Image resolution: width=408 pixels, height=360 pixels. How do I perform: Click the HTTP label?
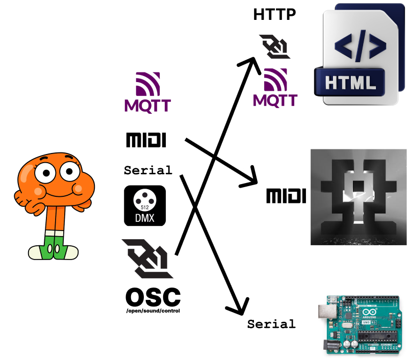pos(274,14)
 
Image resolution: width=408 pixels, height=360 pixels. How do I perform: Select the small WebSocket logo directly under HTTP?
pos(274,47)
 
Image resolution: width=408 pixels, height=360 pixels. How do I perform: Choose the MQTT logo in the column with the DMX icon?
pos(147,92)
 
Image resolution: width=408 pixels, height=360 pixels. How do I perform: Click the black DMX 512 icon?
pos(145,205)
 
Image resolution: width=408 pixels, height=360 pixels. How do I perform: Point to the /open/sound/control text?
pos(152,310)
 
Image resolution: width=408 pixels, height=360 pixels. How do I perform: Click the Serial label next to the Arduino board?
pos(271,324)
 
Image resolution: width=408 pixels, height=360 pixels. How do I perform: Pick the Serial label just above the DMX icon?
pos(148,169)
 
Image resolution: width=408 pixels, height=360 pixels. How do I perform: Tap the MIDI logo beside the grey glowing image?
pos(286,195)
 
